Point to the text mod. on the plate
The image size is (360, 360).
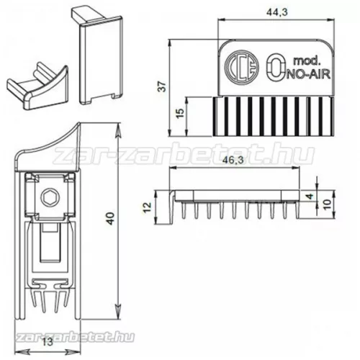point(305,60)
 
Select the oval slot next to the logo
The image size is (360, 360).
point(274,69)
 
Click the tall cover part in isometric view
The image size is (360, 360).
point(99,58)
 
